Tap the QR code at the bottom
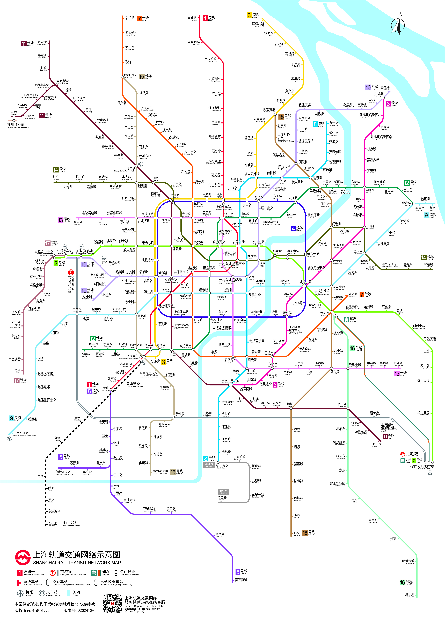(x=112, y=603)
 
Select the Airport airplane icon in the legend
(x=21, y=593)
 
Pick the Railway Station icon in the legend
(x=42, y=593)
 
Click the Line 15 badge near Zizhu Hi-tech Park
(x=173, y=472)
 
